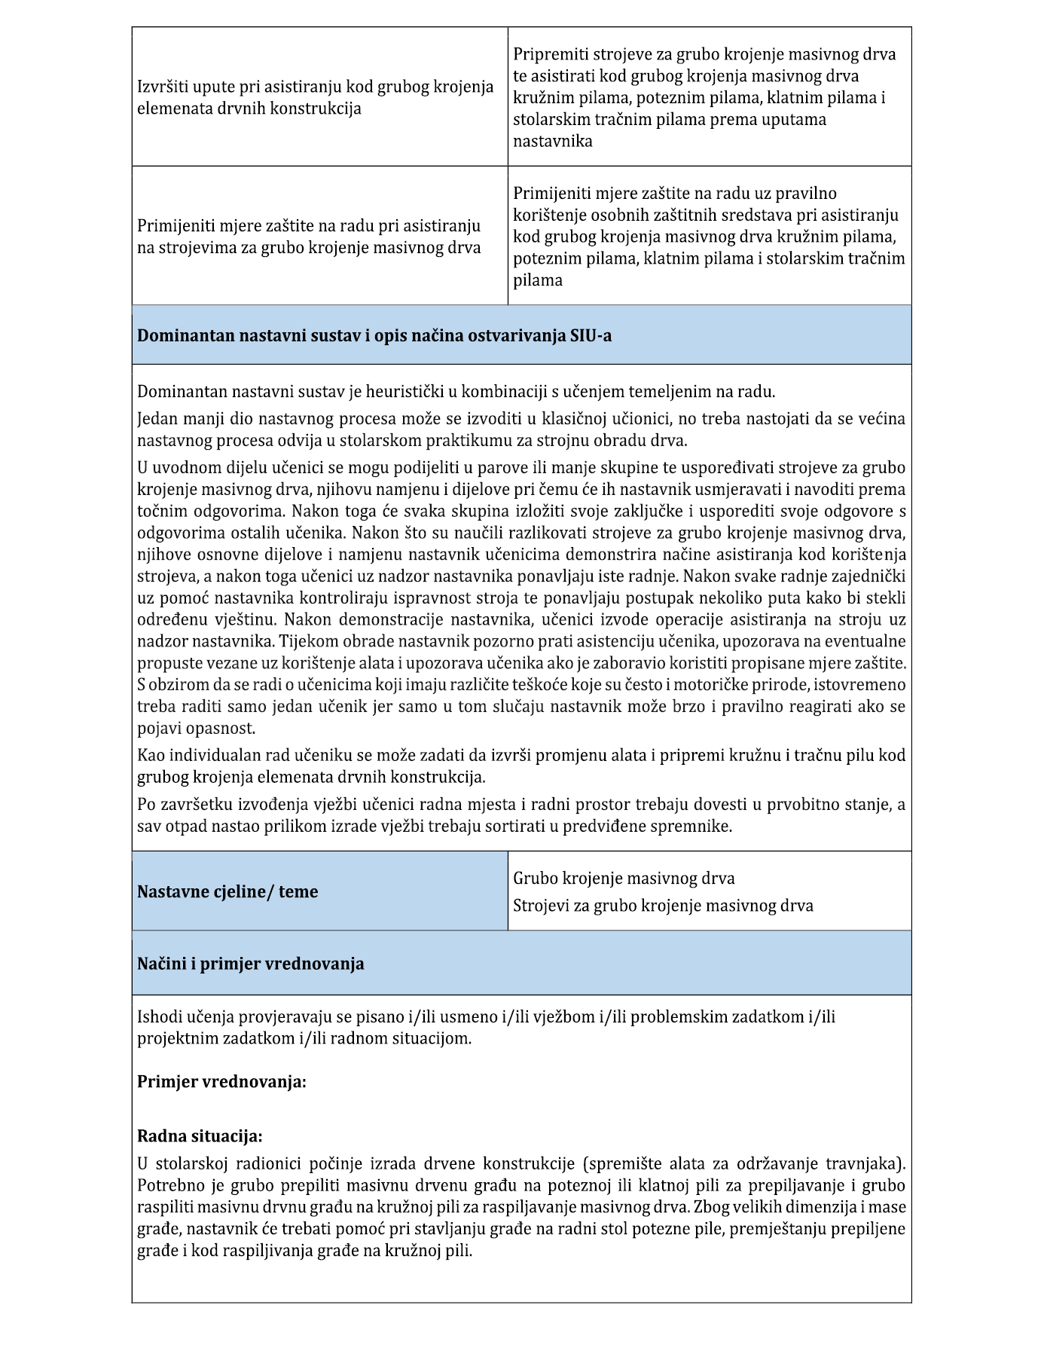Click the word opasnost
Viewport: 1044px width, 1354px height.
(223, 729)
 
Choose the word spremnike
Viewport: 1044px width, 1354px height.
(694, 826)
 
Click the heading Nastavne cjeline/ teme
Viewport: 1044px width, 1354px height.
(227, 892)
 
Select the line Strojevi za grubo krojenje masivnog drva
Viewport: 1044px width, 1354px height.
(663, 905)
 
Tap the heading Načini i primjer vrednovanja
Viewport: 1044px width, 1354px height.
(250, 964)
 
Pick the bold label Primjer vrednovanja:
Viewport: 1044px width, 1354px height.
(221, 1082)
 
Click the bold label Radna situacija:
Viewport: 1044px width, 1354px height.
(200, 1136)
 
